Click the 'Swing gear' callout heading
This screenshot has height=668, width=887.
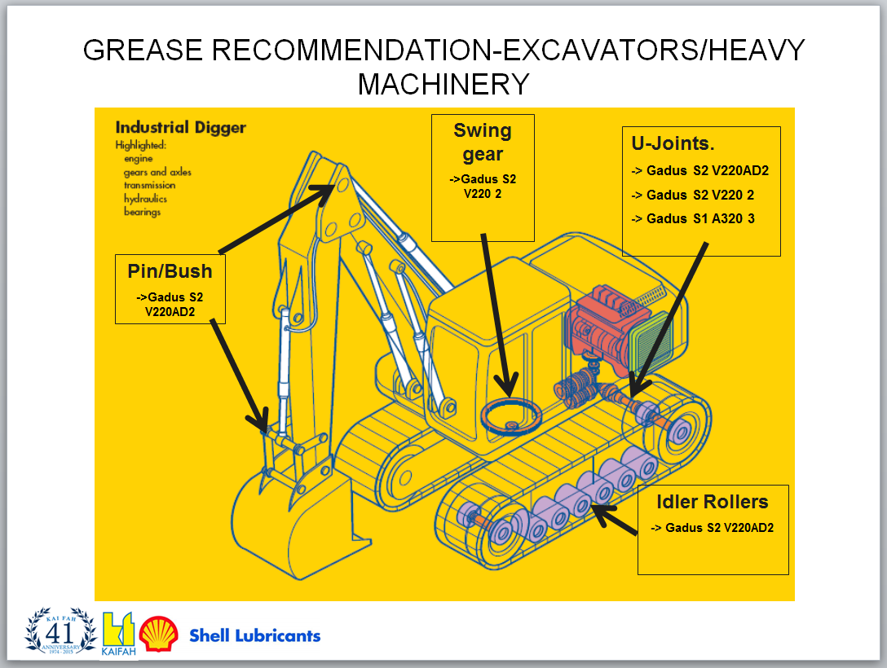coord(483,142)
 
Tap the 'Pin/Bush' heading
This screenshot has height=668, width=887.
coord(170,271)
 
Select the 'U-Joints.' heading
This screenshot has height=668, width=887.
coord(673,144)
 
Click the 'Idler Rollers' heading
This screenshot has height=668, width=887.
coord(712,501)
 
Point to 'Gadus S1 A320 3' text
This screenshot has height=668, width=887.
coord(700,218)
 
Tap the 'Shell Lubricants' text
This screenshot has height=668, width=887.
coord(254,635)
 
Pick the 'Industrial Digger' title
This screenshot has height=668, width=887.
coord(180,128)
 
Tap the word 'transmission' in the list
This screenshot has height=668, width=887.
coord(149,185)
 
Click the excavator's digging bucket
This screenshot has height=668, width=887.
coord(289,505)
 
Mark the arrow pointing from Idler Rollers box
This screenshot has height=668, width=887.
coord(615,520)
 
